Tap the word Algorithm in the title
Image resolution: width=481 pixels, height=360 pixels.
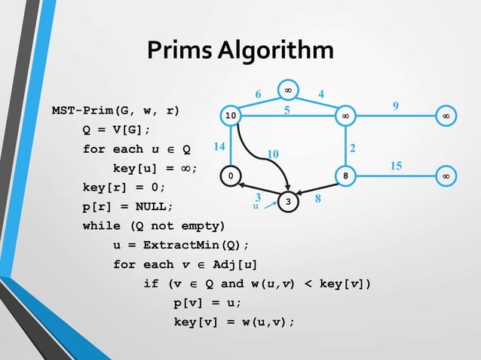click(274, 51)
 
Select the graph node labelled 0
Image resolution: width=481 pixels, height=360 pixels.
click(231, 176)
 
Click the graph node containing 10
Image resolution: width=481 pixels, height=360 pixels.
click(231, 116)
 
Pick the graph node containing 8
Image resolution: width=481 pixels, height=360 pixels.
click(345, 176)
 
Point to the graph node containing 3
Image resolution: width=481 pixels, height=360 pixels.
click(289, 202)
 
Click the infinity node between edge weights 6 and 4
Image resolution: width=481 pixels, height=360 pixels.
click(287, 90)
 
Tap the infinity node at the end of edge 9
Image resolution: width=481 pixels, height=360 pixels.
click(446, 116)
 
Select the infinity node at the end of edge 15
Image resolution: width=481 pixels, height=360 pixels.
click(446, 176)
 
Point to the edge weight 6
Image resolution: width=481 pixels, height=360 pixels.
click(258, 95)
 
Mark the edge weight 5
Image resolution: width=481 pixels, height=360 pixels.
click(287, 110)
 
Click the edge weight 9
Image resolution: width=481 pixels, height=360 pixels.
click(396, 105)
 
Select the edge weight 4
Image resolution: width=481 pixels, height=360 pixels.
click(321, 95)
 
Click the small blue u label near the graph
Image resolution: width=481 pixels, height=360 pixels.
click(256, 206)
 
